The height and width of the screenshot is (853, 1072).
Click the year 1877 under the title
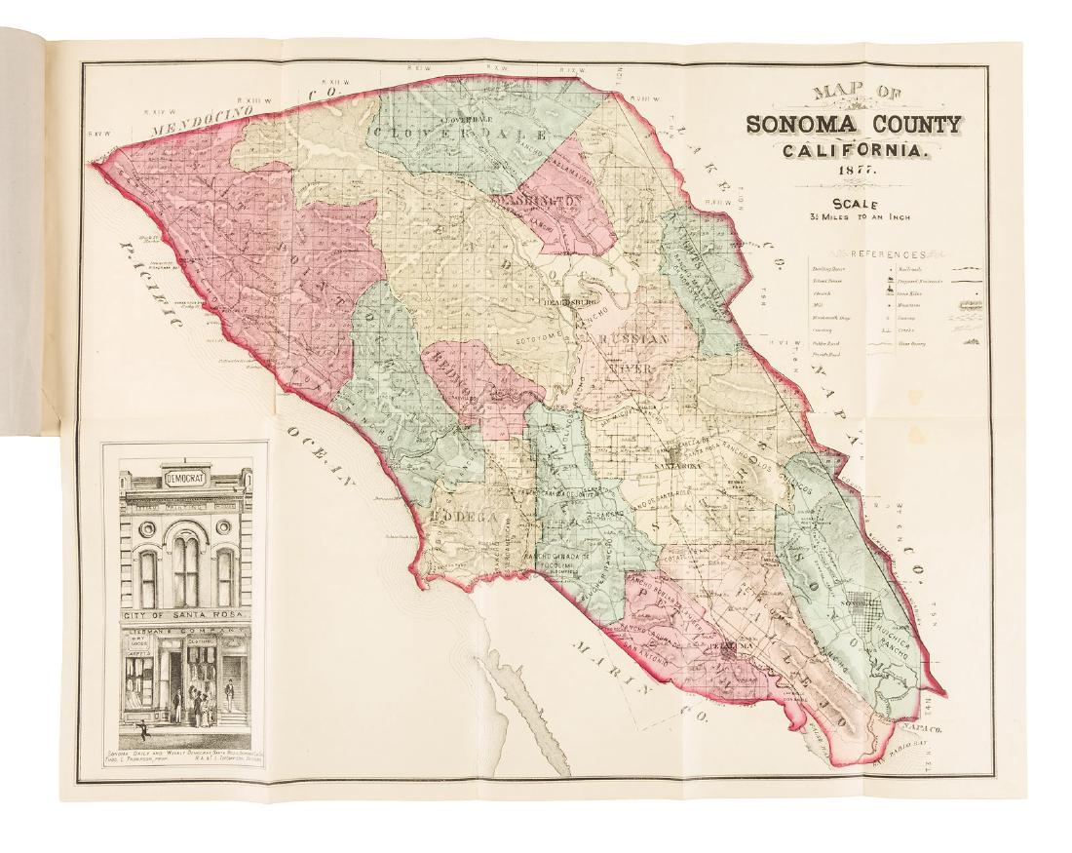tap(854, 172)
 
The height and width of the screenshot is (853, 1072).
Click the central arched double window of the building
tap(185, 565)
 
